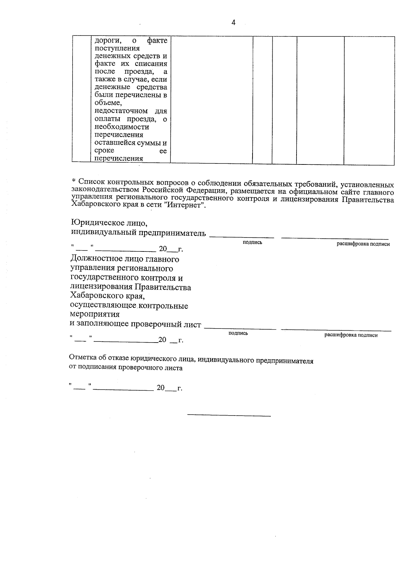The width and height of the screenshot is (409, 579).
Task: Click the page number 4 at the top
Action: click(233, 23)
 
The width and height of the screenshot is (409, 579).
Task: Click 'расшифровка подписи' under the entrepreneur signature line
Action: click(363, 244)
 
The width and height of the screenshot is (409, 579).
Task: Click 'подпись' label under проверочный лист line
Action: click(238, 333)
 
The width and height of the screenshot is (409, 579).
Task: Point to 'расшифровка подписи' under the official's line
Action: click(351, 335)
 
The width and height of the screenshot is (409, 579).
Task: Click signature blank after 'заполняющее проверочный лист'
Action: click(240, 328)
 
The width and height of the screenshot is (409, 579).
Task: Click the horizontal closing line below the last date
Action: click(229, 416)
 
